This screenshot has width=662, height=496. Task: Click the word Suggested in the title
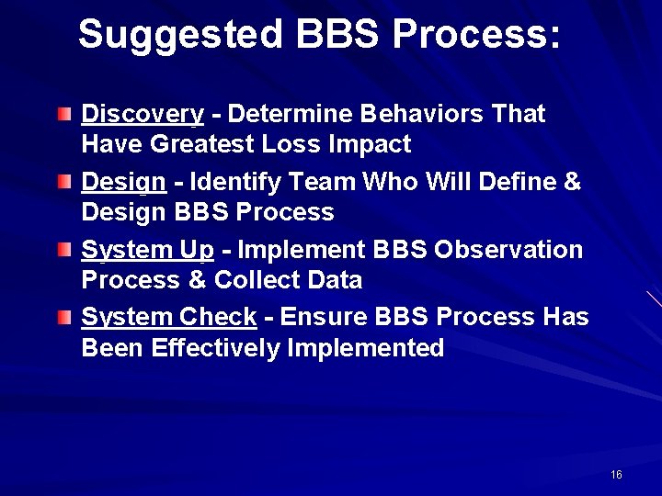(x=181, y=35)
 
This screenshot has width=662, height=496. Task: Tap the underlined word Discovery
(x=143, y=115)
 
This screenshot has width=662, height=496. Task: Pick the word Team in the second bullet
(x=328, y=182)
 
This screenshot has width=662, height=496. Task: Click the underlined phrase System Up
(x=148, y=250)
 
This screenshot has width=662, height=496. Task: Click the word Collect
(x=262, y=280)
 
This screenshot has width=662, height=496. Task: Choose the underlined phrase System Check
(x=169, y=318)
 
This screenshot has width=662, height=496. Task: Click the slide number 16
(x=616, y=475)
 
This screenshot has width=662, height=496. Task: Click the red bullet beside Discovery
(x=63, y=115)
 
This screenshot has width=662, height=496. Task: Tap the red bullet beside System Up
(x=63, y=251)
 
